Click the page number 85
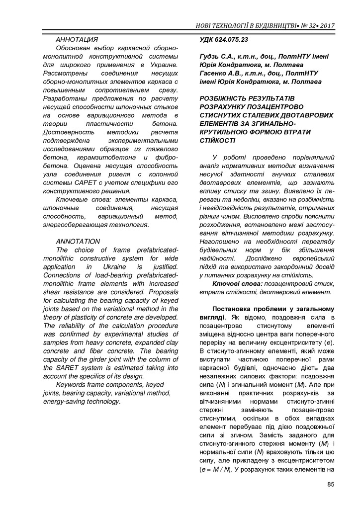click(x=331, y=486)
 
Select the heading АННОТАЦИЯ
click(x=77, y=39)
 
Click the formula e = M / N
click(x=215, y=469)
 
